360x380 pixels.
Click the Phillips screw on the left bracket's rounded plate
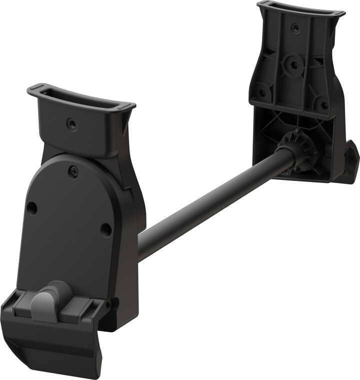[x=74, y=171]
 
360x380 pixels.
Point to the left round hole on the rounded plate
[x=32, y=208]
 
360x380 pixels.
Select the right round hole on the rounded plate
[x=106, y=229]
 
